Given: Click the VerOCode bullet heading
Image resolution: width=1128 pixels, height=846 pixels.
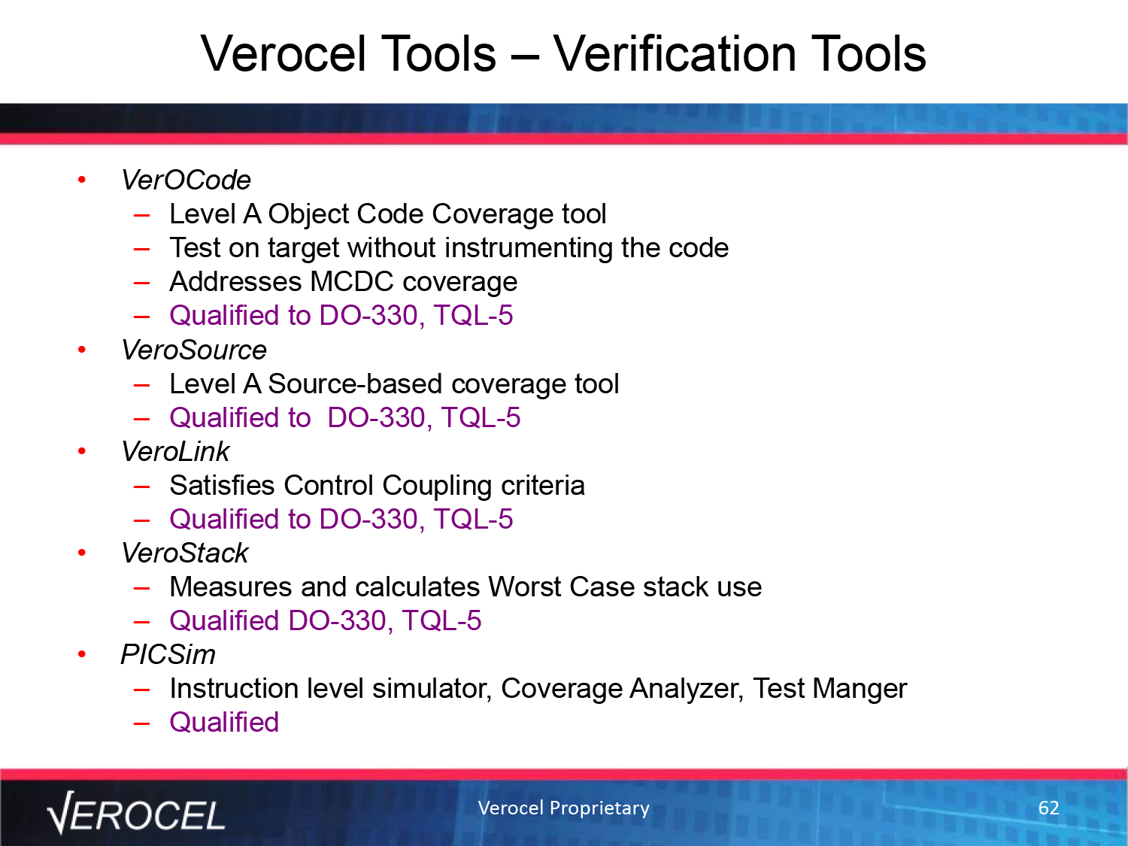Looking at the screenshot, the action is pos(186,180).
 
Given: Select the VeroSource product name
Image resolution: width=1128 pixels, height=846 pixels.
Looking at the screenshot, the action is pos(194,350).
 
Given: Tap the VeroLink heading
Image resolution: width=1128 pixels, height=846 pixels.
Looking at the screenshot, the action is pos(175,451).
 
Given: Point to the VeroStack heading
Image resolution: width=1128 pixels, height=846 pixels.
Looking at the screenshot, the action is pos(184,553).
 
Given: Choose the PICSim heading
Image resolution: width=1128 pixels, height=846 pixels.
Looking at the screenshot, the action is pos(168,654).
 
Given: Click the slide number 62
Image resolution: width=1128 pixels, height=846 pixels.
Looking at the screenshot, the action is pos(1048,808).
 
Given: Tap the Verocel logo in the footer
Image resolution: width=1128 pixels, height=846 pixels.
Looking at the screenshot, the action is pos(136,812).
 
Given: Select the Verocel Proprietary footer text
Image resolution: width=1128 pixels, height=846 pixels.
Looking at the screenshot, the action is pos(564,808).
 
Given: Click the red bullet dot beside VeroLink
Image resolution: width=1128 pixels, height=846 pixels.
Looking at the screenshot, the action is pos(82,451).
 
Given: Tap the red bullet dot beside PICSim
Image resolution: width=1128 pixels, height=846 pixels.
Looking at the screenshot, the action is pos(82,654).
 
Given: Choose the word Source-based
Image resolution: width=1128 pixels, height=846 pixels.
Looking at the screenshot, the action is pos(355,384).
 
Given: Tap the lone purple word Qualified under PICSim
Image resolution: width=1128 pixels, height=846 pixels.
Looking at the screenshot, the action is pos(224,722).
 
